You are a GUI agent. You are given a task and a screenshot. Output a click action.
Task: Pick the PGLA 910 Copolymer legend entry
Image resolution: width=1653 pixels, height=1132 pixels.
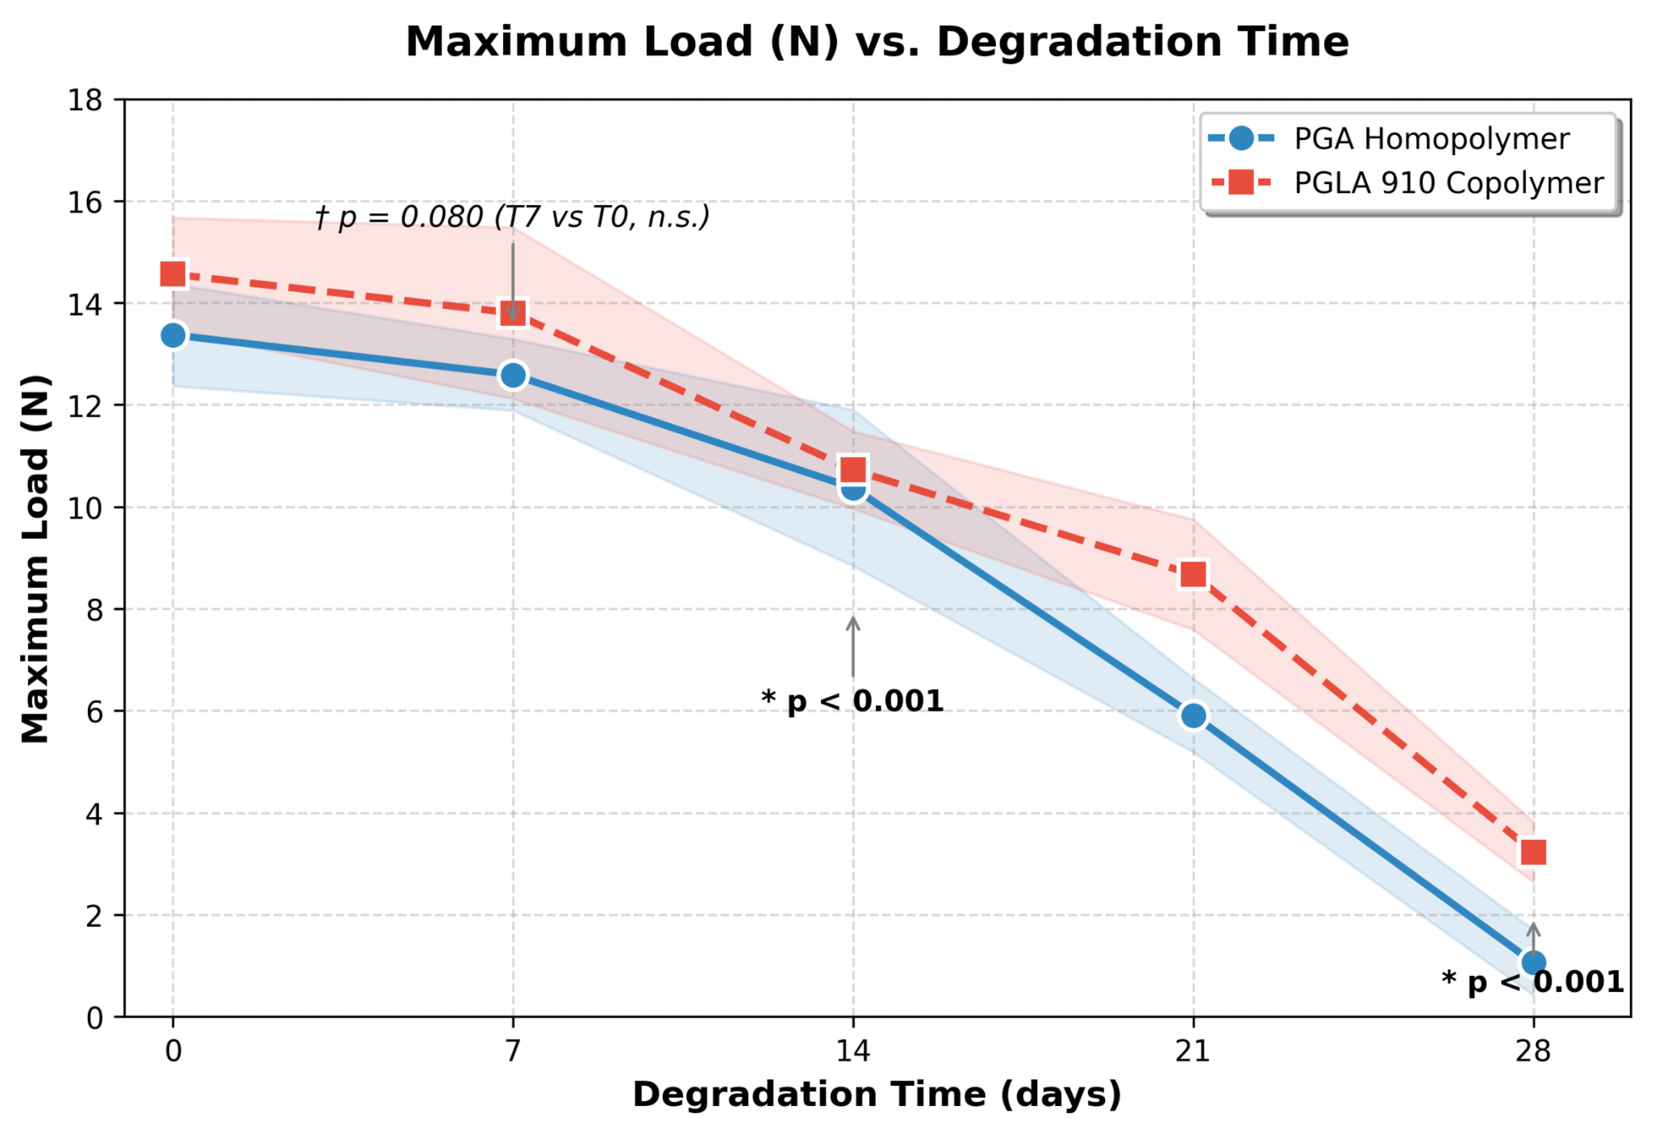click(x=1406, y=183)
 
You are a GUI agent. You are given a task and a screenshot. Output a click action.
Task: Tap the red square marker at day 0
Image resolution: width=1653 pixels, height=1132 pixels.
click(x=173, y=274)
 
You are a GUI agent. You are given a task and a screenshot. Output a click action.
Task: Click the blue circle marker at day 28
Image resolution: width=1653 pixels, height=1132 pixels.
click(x=1533, y=963)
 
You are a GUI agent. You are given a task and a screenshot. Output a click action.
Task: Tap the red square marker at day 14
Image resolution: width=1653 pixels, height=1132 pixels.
click(x=853, y=470)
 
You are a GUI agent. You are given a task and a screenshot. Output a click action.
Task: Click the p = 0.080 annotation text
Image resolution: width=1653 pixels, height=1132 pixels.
click(x=513, y=217)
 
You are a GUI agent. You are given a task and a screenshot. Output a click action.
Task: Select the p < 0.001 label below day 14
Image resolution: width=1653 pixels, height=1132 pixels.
click(x=852, y=701)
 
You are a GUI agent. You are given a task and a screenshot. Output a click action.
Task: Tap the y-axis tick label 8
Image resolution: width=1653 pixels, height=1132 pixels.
click(x=95, y=610)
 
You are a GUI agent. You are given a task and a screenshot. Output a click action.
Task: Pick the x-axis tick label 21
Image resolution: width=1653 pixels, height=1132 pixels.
click(x=1193, y=1051)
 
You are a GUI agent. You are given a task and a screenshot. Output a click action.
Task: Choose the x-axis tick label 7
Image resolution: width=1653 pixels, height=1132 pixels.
click(x=513, y=1051)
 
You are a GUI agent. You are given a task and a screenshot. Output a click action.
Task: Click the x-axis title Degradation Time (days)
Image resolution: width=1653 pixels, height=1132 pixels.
click(x=877, y=1094)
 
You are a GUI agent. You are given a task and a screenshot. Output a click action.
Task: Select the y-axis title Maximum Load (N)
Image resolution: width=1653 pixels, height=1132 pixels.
click(x=35, y=559)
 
